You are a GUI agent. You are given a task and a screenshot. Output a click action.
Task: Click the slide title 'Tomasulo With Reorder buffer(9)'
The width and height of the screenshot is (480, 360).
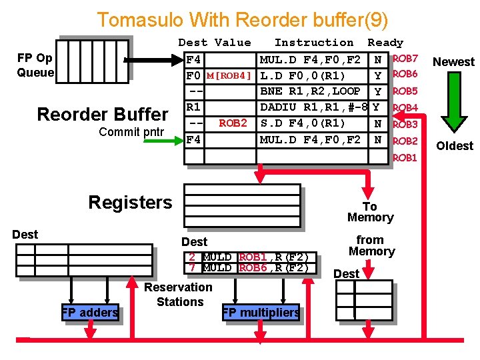(242, 19)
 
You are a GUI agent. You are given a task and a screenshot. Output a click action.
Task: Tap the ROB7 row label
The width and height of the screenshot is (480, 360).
(405, 59)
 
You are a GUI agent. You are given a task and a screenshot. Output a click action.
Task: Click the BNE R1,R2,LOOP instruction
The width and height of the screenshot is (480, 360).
(310, 91)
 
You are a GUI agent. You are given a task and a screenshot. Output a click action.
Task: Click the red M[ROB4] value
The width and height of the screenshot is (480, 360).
(229, 75)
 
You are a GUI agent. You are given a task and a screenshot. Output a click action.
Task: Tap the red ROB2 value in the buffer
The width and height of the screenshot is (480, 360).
(233, 123)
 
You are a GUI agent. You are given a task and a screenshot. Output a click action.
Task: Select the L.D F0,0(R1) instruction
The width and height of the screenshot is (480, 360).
(302, 75)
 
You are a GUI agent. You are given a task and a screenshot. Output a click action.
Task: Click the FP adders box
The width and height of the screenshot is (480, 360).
(90, 312)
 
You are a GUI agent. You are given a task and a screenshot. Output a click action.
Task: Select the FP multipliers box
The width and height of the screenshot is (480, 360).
(261, 312)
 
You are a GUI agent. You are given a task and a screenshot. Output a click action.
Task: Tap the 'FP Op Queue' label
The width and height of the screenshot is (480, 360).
(35, 65)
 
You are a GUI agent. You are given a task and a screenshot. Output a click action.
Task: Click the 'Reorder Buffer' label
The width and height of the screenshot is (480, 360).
(103, 114)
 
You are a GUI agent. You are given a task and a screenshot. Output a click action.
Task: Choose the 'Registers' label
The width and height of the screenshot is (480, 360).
(130, 202)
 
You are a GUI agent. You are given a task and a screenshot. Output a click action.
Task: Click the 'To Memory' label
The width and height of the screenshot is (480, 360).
(370, 212)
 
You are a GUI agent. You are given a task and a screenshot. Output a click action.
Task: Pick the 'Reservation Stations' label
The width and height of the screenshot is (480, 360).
(179, 294)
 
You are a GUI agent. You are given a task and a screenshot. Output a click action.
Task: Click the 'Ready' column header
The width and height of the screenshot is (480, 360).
(385, 43)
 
